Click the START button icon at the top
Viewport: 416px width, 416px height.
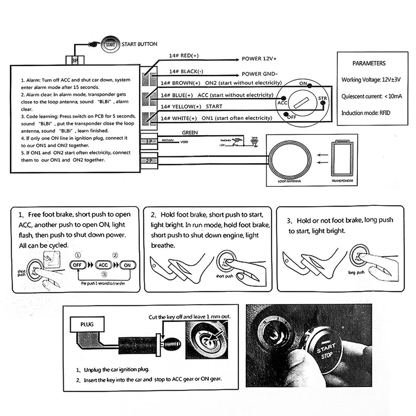(110, 44)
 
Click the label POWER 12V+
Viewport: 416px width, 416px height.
(259, 59)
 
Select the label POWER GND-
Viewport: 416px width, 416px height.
(260, 74)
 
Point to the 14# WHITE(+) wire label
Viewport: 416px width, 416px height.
(179, 119)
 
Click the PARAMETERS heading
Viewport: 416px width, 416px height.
(369, 64)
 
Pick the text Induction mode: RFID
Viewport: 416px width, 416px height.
(366, 113)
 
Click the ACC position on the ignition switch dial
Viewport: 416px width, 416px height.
(282, 102)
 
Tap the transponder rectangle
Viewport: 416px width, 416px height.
(342, 159)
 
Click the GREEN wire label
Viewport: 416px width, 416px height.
(190, 133)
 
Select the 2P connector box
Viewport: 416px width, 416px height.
(149, 161)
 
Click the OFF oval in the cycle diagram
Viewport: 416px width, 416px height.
(77, 265)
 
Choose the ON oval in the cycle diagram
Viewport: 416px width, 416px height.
(128, 265)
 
